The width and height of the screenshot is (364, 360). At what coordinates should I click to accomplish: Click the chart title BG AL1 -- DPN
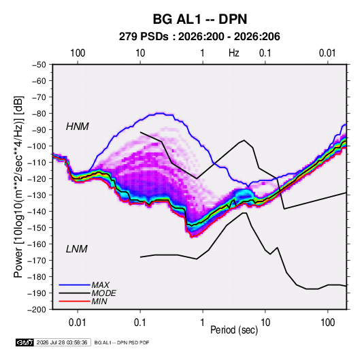pyautogui.click(x=200, y=19)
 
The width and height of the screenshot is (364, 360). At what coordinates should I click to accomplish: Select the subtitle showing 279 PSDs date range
pyautogui.click(x=199, y=37)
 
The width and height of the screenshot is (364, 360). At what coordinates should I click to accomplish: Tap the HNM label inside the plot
pyautogui.click(x=78, y=127)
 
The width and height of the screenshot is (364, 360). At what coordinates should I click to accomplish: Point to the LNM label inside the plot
pyautogui.click(x=77, y=249)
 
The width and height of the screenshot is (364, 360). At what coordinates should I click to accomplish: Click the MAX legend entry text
pyautogui.click(x=100, y=285)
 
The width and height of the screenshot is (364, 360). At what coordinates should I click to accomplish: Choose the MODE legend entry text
pyautogui.click(x=104, y=293)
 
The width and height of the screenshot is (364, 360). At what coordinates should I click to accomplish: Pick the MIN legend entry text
pyautogui.click(x=99, y=301)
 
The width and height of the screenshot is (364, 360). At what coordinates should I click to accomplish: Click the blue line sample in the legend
pyautogui.click(x=74, y=285)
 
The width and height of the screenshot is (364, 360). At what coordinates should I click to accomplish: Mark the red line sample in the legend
pyautogui.click(x=74, y=301)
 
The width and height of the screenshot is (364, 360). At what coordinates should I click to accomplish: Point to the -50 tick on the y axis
pyautogui.click(x=39, y=65)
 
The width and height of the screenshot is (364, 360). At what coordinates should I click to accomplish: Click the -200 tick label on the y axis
pyautogui.click(x=37, y=310)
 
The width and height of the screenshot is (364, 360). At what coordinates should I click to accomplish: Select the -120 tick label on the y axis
pyautogui.click(x=37, y=179)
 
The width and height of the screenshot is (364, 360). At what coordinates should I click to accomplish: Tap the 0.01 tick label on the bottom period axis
pyautogui.click(x=78, y=323)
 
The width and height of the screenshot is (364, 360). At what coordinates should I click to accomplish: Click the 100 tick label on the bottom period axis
pyautogui.click(x=327, y=323)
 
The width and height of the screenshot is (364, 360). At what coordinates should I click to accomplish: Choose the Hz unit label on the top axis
pyautogui.click(x=234, y=53)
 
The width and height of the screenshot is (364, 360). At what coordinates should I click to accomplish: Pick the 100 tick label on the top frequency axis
pyautogui.click(x=78, y=53)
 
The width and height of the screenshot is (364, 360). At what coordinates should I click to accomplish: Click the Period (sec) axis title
pyautogui.click(x=234, y=330)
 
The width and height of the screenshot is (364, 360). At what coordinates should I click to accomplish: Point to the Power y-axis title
pyautogui.click(x=18, y=186)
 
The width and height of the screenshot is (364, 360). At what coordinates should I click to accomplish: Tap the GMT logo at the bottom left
pyautogui.click(x=24, y=342)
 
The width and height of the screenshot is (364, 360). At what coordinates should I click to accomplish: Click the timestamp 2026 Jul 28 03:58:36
pyautogui.click(x=62, y=342)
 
